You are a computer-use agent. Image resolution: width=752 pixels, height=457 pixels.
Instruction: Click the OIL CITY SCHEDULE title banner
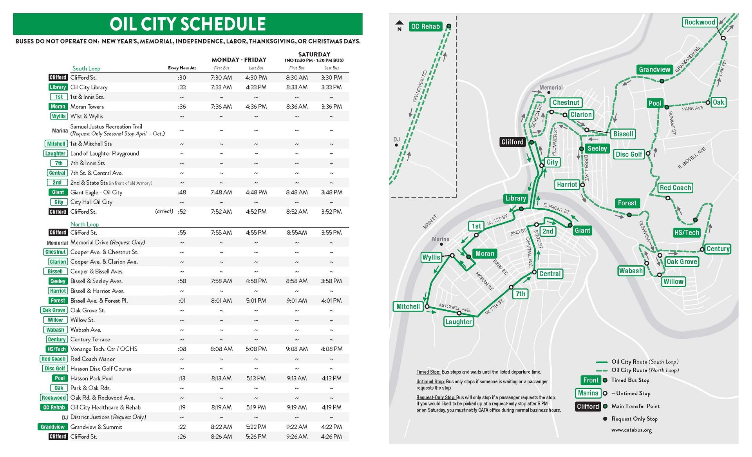pos(188,24)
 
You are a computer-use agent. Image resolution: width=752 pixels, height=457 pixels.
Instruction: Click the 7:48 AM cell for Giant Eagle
pos(221,192)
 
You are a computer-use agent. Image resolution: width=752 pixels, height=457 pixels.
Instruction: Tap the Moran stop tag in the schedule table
pos(58,107)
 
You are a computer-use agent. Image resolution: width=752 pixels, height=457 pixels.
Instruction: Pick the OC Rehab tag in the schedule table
pos(54,408)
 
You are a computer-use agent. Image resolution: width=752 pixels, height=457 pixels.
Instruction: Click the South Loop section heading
pos(86,69)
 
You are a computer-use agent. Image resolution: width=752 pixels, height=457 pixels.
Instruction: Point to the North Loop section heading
pos(85,224)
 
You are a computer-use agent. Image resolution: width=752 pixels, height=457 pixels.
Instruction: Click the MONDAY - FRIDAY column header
pos(239,60)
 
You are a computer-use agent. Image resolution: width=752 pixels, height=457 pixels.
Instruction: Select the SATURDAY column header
pos(314,54)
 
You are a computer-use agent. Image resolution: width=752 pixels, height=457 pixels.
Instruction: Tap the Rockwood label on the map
pos(700,22)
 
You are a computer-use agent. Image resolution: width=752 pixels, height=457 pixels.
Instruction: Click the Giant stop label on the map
pos(582,230)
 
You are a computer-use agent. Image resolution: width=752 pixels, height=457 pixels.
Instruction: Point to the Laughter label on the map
pos(458,322)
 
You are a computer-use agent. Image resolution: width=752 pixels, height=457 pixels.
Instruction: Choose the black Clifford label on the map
pos(512,142)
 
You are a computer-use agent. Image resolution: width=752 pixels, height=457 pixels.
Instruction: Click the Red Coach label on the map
pos(675,188)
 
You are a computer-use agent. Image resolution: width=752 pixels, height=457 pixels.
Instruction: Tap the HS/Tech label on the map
pos(687,232)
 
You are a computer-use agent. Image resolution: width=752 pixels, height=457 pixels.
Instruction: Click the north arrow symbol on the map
pos(399,25)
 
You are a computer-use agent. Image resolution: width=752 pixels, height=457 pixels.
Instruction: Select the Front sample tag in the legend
pos(591,380)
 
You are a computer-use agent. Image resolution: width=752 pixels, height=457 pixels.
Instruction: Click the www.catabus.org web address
pos(631,430)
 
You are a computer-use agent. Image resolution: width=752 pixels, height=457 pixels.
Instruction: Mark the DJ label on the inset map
pos(396,140)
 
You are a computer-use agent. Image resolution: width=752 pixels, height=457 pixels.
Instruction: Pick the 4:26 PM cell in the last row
pos(331,437)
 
